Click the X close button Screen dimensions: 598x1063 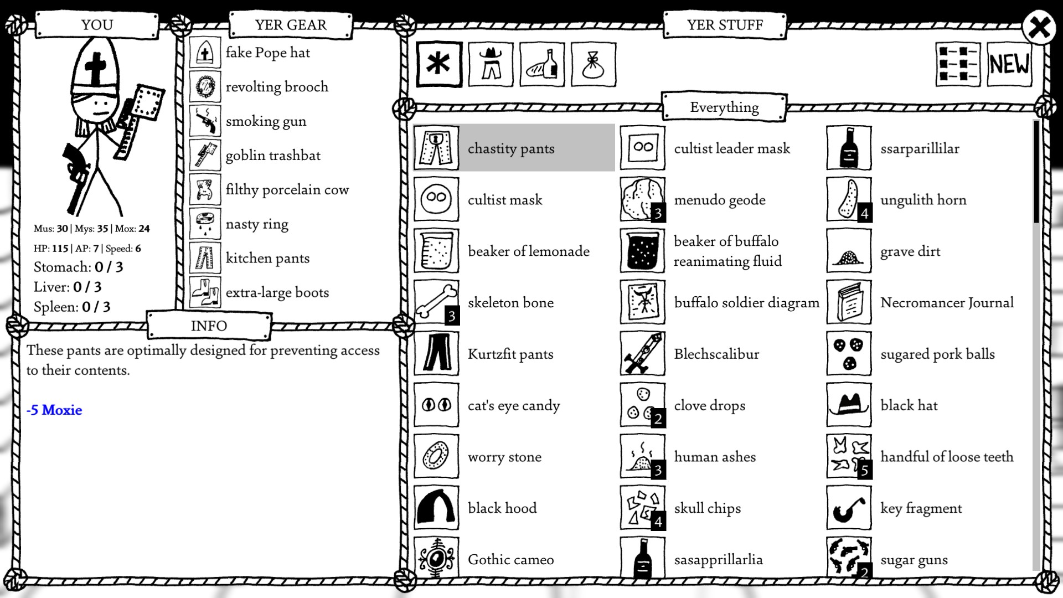(1039, 27)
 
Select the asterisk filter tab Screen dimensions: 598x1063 (438, 64)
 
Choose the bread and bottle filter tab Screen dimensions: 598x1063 (542, 64)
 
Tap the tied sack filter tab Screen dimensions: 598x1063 (593, 64)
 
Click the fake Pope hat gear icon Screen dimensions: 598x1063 (205, 53)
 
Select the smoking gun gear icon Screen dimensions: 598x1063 (205, 121)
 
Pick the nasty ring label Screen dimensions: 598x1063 (257, 224)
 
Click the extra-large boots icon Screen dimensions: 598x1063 (205, 292)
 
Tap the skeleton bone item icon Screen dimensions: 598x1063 (436, 302)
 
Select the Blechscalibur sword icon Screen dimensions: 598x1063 (642, 354)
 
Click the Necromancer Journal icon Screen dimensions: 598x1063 (849, 302)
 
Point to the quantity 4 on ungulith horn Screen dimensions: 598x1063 (864, 213)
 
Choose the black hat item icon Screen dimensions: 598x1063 (849, 405)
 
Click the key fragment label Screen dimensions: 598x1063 (921, 508)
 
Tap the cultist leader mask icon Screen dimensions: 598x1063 (642, 148)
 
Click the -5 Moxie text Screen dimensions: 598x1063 (54, 410)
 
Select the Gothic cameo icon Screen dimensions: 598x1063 (436, 558)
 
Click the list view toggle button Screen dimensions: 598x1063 (958, 64)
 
